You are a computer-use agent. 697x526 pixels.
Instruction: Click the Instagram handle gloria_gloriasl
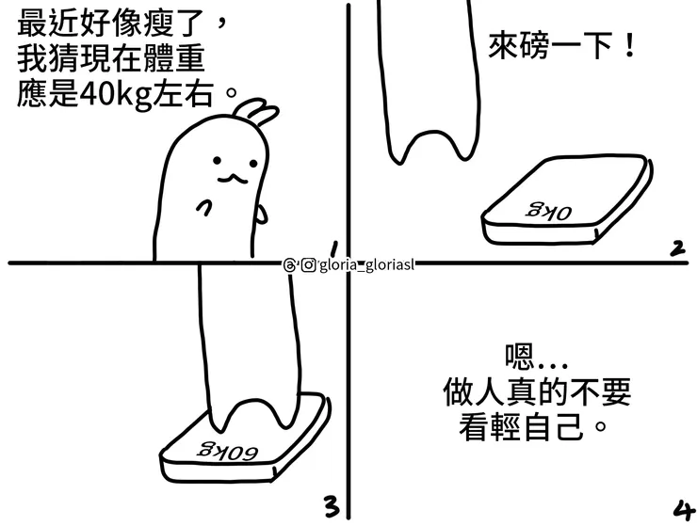[364, 264]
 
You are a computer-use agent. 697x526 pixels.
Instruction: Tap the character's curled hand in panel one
[203, 208]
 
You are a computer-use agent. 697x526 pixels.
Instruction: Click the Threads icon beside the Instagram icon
[289, 264]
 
